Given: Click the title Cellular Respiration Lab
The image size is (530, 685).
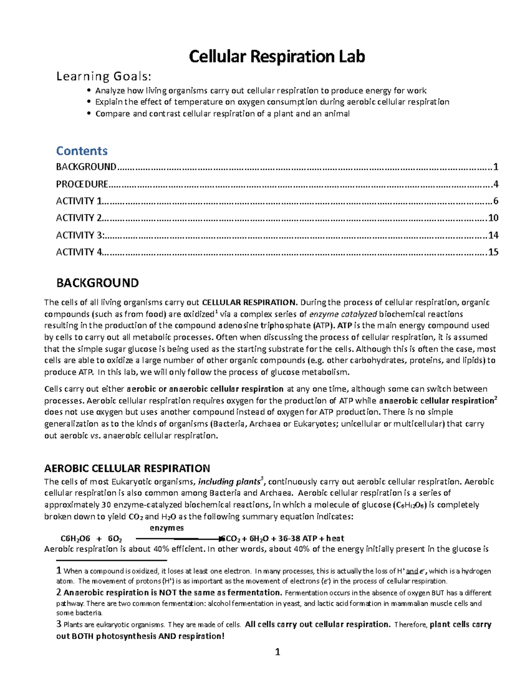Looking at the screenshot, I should pyautogui.click(x=277, y=56).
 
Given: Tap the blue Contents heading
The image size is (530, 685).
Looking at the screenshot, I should pyautogui.click(x=82, y=151).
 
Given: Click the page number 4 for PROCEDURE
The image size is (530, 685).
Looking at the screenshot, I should pyautogui.click(x=496, y=184).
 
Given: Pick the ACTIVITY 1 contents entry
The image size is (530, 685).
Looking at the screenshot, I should pyautogui.click(x=79, y=201).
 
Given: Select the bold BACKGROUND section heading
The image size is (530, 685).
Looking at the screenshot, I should pyautogui.click(x=97, y=283).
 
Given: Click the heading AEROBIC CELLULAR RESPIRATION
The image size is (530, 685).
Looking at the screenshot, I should pyautogui.click(x=127, y=468).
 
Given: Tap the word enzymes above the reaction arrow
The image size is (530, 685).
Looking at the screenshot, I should pyautogui.click(x=167, y=528).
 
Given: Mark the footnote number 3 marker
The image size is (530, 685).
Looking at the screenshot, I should pyautogui.click(x=59, y=624).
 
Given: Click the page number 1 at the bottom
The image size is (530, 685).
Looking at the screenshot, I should pyautogui.click(x=277, y=652).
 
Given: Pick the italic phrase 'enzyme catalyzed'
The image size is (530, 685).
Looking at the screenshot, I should pyautogui.click(x=343, y=314).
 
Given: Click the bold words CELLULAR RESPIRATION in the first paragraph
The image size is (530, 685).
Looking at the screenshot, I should pyautogui.click(x=249, y=303).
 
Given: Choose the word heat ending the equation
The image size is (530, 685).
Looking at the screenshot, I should pyautogui.click(x=335, y=538).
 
